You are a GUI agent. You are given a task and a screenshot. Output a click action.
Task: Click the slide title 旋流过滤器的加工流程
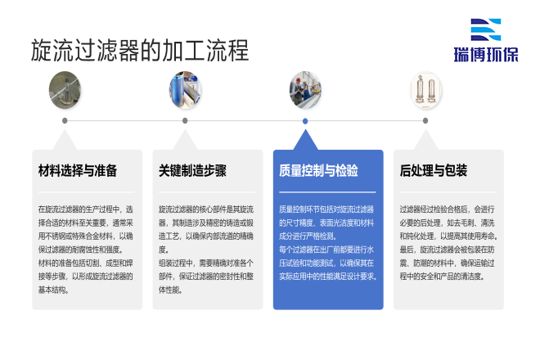click(x=139, y=49)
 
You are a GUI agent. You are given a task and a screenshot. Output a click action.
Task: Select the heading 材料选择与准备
click(x=78, y=171)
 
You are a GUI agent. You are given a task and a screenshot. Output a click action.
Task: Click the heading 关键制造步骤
click(x=192, y=171)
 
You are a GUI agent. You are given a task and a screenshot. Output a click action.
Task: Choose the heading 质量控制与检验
click(x=318, y=171)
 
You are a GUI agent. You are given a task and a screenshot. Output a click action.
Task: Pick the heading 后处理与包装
click(x=433, y=171)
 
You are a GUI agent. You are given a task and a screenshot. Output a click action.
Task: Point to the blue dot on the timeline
click(x=305, y=121)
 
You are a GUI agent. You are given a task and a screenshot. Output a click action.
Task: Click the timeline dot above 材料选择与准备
click(x=65, y=121)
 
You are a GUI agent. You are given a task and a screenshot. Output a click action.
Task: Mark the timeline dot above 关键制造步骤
click(x=185, y=121)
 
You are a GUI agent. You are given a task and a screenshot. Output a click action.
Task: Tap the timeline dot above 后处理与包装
click(x=425, y=121)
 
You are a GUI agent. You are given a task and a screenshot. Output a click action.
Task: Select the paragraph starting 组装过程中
click(x=206, y=276)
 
